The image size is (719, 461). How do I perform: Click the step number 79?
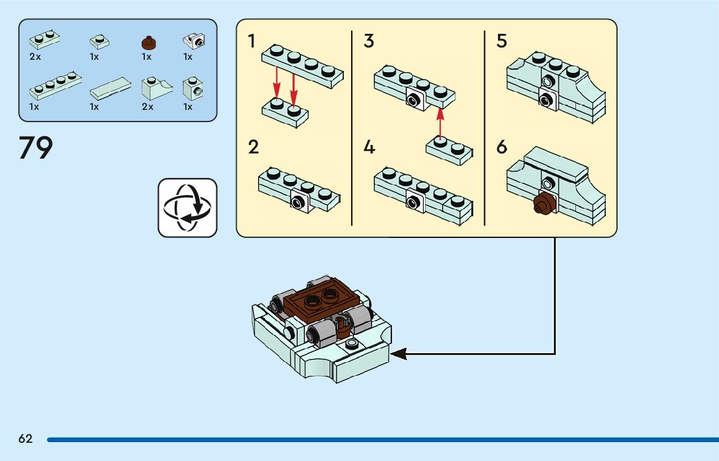[36, 149]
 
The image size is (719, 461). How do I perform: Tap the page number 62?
[25, 439]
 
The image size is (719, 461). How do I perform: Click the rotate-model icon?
[187, 207]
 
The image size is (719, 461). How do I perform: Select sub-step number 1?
[252, 42]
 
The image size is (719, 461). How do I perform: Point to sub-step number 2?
[253, 147]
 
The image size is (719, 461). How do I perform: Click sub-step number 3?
[369, 42]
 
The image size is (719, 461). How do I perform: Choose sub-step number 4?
[369, 148]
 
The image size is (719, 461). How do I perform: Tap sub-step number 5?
[501, 42]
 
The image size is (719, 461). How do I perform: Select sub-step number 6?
[501, 148]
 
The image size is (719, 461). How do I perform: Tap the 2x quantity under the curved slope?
[148, 107]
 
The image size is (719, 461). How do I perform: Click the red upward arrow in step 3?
[440, 123]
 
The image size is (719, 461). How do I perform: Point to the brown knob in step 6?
[543, 205]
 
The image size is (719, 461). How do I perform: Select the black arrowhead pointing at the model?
[398, 354]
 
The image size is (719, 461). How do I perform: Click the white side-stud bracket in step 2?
[300, 202]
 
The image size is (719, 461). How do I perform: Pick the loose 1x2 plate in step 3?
[448, 149]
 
